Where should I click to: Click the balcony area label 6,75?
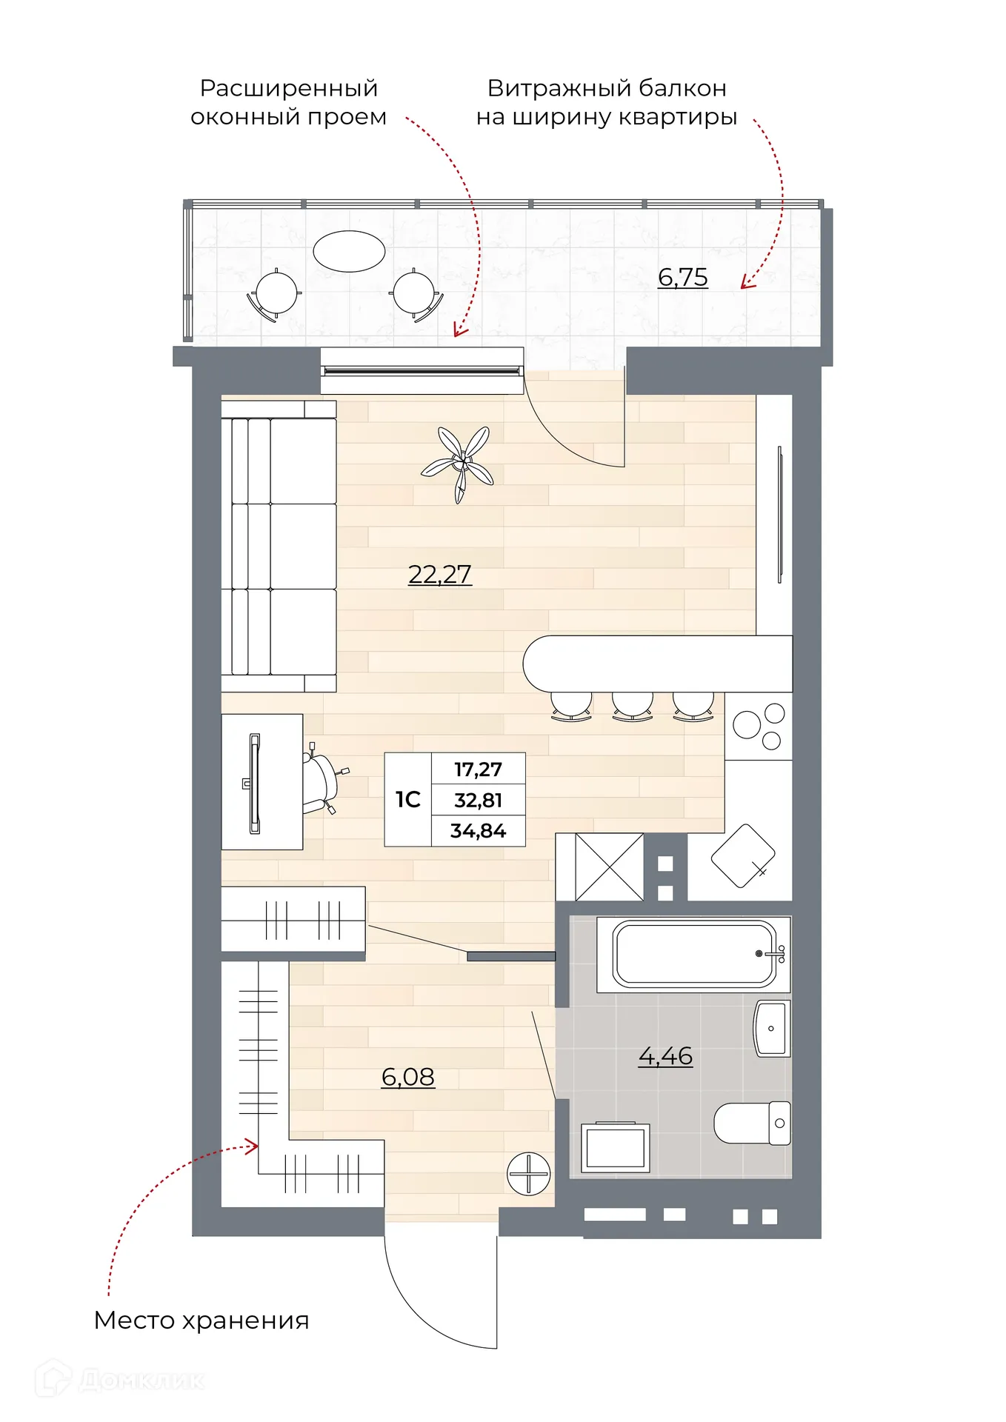(x=682, y=277)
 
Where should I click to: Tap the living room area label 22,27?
(x=439, y=574)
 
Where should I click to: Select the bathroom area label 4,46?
(x=665, y=1055)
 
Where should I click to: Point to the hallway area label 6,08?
(x=407, y=1076)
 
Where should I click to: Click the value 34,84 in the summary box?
(x=478, y=831)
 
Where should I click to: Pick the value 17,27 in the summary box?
(x=478, y=770)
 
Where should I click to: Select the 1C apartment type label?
(x=407, y=800)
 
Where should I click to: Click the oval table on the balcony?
(x=349, y=251)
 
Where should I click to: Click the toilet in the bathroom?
(x=751, y=1123)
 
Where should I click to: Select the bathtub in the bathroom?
(x=693, y=954)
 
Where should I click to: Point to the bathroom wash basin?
(x=771, y=1028)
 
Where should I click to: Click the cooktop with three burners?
(x=759, y=726)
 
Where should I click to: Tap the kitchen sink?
(x=742, y=855)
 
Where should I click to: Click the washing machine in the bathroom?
(x=615, y=1147)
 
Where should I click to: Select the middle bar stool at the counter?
(x=632, y=704)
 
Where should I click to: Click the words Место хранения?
(x=201, y=1321)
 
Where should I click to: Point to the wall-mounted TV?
(x=779, y=514)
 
